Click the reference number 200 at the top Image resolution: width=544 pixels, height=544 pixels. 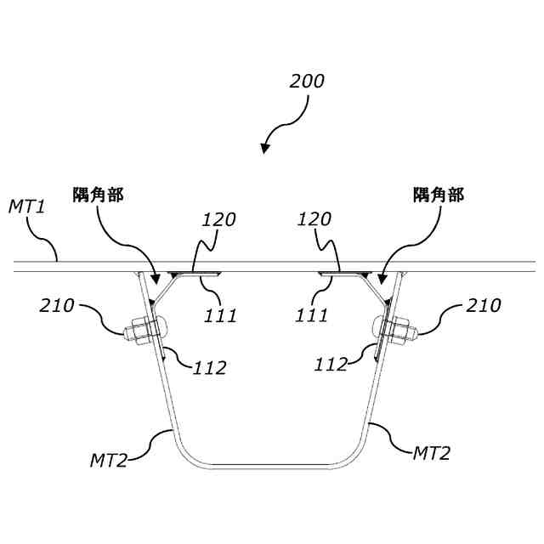coord(307,82)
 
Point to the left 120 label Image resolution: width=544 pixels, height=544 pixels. coord(218,219)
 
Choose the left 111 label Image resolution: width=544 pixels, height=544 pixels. coord(219,316)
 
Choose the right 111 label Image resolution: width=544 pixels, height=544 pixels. coord(312,316)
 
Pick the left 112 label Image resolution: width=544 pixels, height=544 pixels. coord(210,368)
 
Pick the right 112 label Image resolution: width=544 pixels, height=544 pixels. coord(331,365)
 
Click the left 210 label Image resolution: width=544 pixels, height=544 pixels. coord(58,305)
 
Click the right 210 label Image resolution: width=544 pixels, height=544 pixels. coord(484,305)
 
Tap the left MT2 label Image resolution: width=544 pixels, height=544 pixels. coord(108,460)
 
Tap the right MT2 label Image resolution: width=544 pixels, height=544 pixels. coord(431,453)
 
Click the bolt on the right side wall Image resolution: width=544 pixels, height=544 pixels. coord(393,328)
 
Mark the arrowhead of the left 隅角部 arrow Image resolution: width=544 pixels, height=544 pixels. coord(155,280)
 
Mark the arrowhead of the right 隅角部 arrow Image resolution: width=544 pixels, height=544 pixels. coord(382,279)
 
